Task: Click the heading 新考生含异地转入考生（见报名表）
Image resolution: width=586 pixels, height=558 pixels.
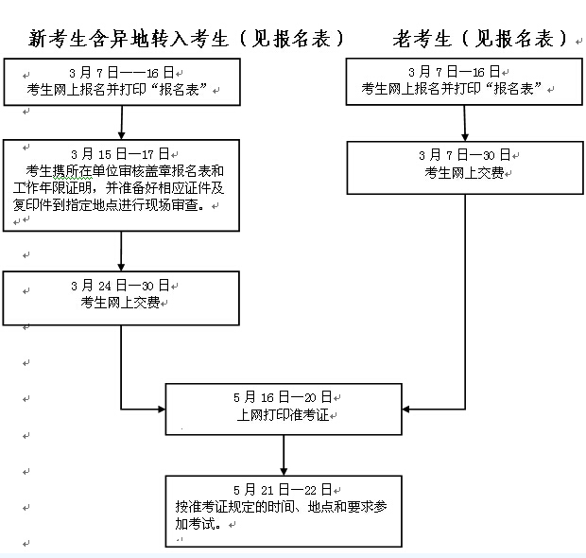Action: (186, 39)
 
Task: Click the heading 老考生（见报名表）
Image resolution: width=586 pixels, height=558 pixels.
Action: (480, 39)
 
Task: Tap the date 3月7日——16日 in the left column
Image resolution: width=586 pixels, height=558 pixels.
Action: (122, 72)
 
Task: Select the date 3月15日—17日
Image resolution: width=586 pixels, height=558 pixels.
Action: (120, 154)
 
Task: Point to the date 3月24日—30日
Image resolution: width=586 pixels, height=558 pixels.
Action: (120, 286)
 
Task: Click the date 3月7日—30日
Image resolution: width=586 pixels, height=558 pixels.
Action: (464, 154)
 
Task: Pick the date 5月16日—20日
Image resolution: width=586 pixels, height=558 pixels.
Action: (283, 397)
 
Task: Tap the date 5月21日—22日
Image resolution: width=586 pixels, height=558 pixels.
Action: (283, 490)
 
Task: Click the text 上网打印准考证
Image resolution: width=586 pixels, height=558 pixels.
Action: (283, 414)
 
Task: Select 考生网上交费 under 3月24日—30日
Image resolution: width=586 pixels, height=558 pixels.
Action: (120, 303)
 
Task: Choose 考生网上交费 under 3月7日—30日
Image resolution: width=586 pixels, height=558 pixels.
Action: (464, 173)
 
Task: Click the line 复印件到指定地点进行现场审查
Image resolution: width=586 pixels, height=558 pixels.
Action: (109, 205)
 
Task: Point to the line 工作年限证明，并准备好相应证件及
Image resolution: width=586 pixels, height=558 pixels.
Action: (118, 188)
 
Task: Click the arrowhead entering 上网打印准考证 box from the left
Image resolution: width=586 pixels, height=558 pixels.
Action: (162, 410)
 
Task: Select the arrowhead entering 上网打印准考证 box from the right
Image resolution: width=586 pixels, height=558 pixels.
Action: (405, 410)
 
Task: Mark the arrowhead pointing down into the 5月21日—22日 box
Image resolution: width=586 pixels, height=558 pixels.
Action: (284, 472)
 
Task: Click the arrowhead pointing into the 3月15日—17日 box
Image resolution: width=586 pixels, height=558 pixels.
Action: (121, 135)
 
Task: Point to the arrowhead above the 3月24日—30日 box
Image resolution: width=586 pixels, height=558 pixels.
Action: (121, 267)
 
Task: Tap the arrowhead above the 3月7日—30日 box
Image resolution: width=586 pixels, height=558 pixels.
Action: (465, 137)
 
